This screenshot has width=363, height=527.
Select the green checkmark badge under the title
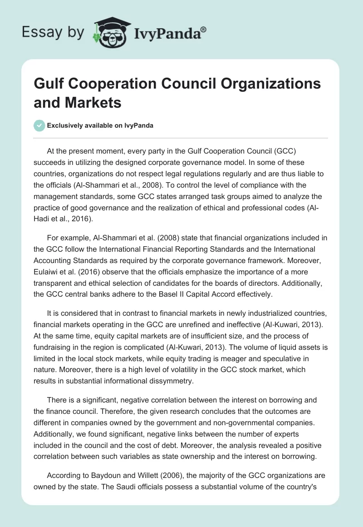[x=39, y=125]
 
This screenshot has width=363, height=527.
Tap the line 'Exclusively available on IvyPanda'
[x=100, y=125]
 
